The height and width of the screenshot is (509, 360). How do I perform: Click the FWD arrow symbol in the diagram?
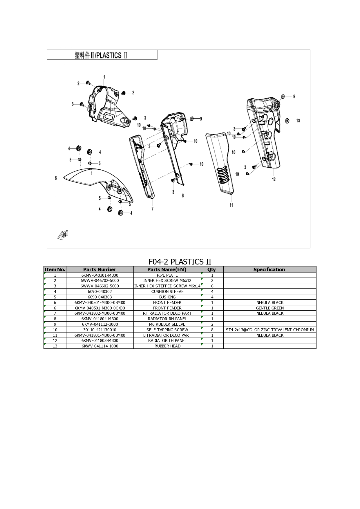click(x=63, y=235)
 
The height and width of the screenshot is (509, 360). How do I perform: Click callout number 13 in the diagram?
click(x=298, y=121)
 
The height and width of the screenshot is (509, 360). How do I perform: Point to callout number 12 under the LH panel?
click(x=274, y=179)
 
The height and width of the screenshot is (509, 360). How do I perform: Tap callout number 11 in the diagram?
click(x=231, y=205)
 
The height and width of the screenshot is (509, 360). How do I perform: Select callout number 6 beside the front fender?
click(x=56, y=178)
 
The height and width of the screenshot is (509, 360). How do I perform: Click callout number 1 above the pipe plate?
click(x=104, y=77)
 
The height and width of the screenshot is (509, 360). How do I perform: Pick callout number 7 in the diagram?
click(x=153, y=209)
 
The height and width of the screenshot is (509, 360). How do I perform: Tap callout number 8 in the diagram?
click(x=183, y=195)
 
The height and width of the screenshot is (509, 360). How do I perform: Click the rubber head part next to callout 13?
click(x=287, y=121)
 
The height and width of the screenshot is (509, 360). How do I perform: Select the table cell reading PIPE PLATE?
click(x=167, y=275)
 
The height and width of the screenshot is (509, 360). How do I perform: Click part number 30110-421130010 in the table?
click(x=100, y=330)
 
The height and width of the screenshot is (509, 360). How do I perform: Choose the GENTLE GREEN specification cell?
click(x=270, y=308)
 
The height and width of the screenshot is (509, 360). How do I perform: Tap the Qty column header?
click(x=212, y=269)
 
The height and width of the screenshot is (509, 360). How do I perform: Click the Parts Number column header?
click(x=100, y=269)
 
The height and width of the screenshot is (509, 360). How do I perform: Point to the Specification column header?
click(x=269, y=269)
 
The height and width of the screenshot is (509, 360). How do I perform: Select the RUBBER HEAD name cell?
click(x=167, y=346)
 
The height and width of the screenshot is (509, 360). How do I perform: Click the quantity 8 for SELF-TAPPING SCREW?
click(x=212, y=330)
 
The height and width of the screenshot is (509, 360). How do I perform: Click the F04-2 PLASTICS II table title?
click(x=180, y=262)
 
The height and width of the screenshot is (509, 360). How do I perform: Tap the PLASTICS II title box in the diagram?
click(x=102, y=55)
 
